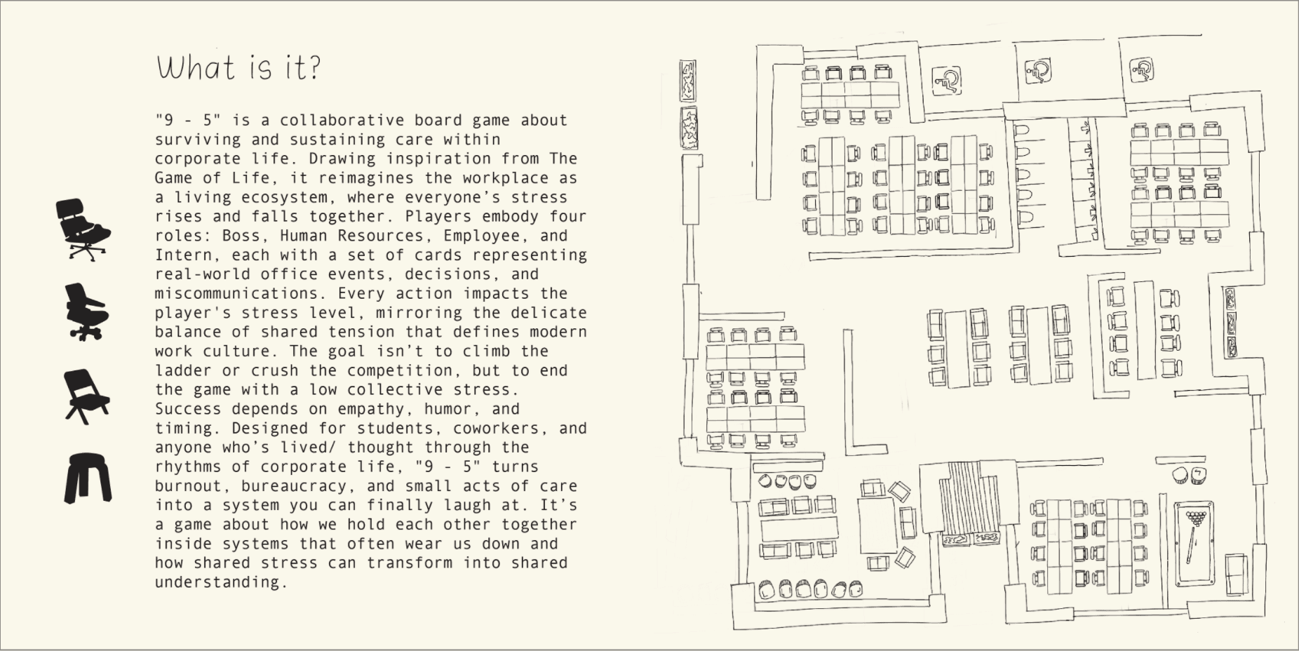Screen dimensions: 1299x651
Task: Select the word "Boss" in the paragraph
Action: [x=241, y=236]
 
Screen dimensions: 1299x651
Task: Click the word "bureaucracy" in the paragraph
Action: [x=298, y=485]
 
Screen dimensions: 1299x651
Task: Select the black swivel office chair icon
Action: [x=86, y=312]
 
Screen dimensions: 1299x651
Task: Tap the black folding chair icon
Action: [x=86, y=396]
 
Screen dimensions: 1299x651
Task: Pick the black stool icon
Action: [x=88, y=478]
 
